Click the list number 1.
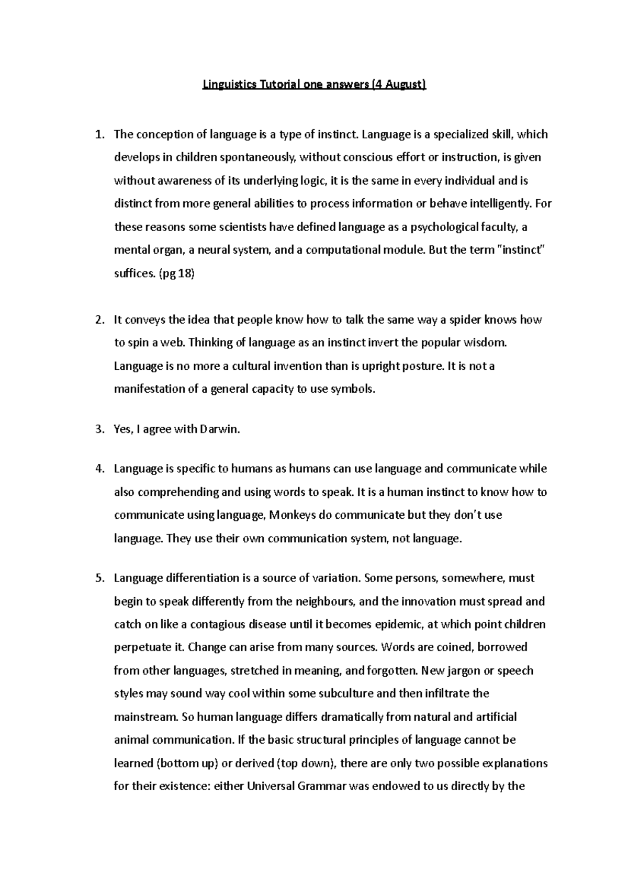pyautogui.click(x=99, y=135)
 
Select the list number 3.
pyautogui.click(x=99, y=430)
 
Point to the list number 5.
pyautogui.click(x=99, y=578)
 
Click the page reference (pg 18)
pyautogui.click(x=176, y=274)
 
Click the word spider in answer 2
pyautogui.click(x=466, y=320)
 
